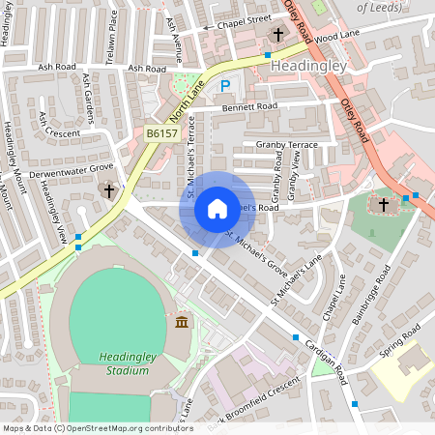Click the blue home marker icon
tap(217, 209)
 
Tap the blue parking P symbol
tap(225, 86)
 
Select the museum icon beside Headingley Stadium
tap(181, 321)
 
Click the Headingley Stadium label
tap(129, 363)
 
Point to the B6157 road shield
tap(162, 132)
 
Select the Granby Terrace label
tap(287, 144)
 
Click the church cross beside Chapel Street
tap(277, 35)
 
